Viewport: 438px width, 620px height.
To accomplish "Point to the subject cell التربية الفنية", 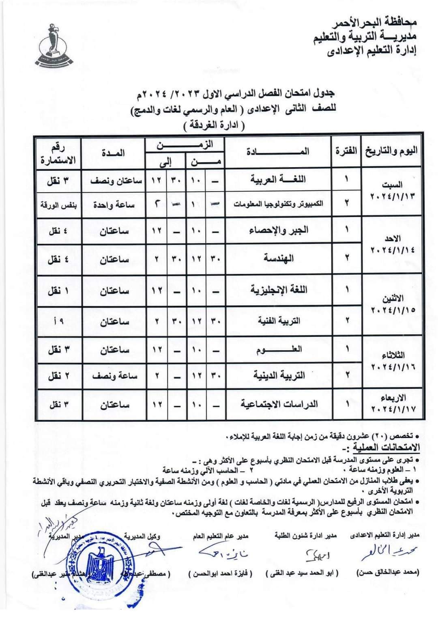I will (279, 320).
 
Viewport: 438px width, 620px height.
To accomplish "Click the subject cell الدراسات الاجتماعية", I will (279, 404).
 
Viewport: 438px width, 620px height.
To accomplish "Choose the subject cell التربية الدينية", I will (279, 375).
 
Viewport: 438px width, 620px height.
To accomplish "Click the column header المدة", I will (113, 153).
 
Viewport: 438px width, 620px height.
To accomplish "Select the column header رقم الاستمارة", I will (58, 154).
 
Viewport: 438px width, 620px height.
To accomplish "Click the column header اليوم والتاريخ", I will (392, 151).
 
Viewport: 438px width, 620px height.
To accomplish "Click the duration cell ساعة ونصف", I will (114, 376).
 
